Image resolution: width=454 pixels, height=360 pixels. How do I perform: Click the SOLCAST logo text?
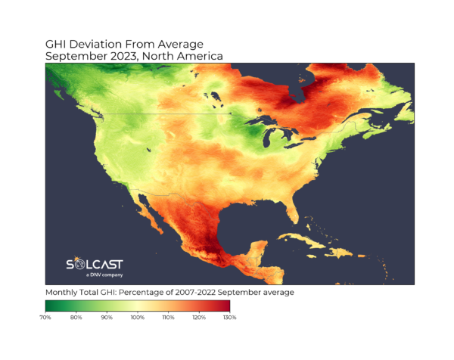(95, 265)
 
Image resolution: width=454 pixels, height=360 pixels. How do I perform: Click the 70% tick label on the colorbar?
(45, 318)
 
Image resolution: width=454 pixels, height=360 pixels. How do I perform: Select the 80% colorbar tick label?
(76, 318)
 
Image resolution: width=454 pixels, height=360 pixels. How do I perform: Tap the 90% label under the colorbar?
(107, 318)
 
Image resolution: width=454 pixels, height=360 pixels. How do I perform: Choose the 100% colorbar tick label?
(137, 318)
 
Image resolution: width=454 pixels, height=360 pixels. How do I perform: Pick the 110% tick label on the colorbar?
(168, 318)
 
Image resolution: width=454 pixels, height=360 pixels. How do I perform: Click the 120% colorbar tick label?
(198, 318)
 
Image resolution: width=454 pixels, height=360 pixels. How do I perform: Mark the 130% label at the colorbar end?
(229, 318)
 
